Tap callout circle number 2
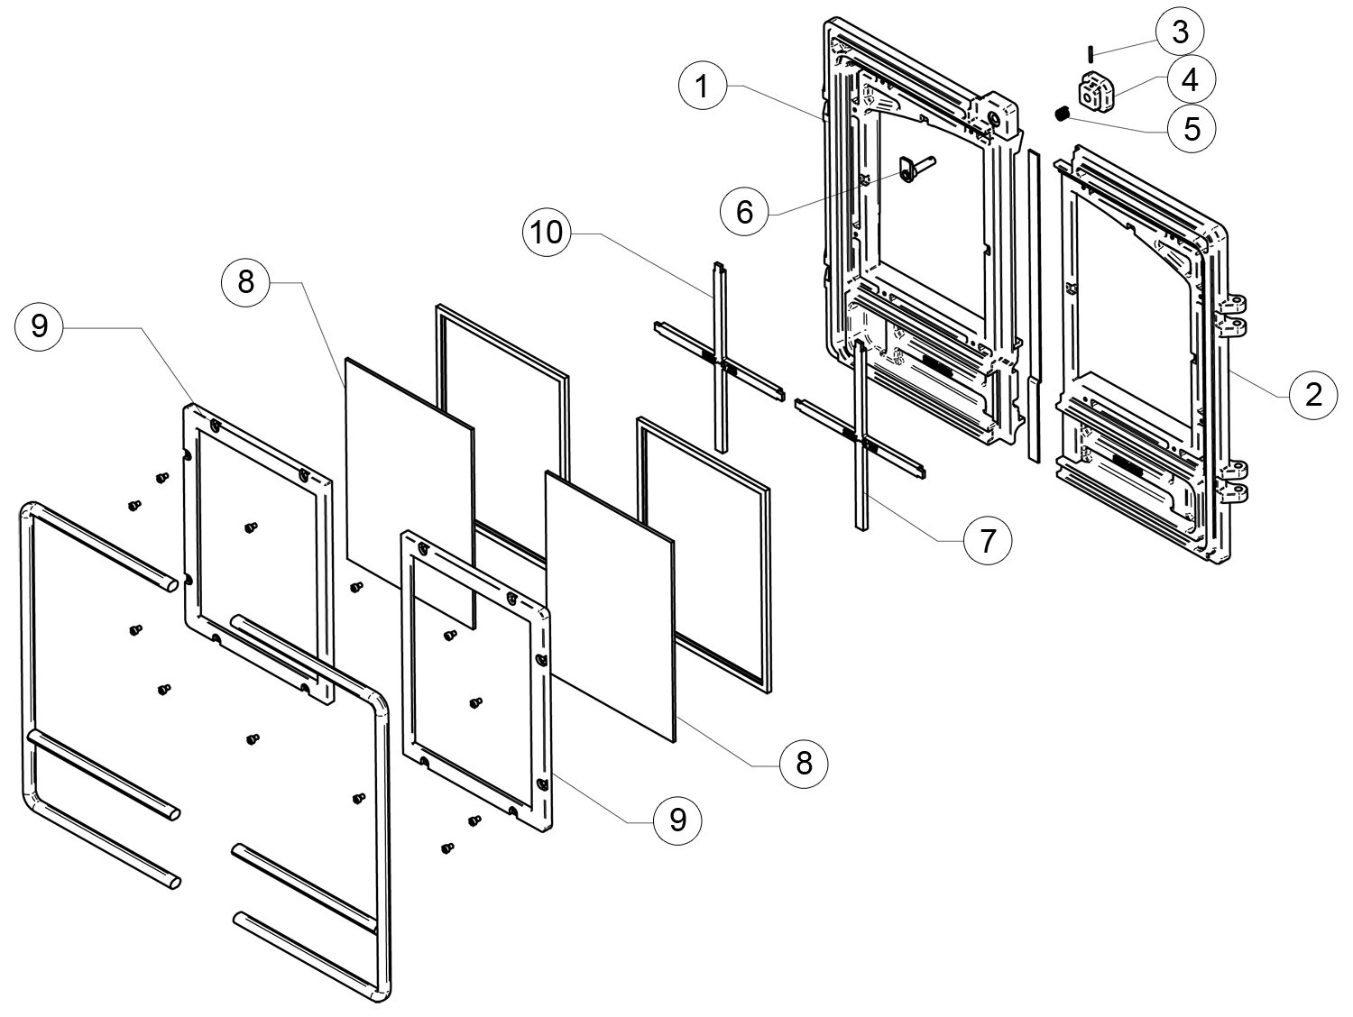(1312, 394)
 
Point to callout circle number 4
(1190, 80)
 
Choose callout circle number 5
(1192, 129)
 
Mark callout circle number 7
(986, 540)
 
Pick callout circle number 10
(547, 233)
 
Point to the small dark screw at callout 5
(1063, 114)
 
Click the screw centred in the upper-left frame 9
(251, 527)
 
